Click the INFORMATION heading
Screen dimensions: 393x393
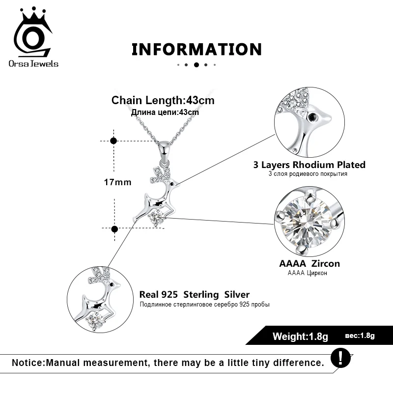(196, 49)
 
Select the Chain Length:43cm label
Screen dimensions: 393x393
(163, 101)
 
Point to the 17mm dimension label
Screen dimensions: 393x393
(118, 182)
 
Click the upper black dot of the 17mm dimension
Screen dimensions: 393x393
(114, 140)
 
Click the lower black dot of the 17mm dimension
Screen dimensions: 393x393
(114, 229)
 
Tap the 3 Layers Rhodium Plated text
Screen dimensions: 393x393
(309, 165)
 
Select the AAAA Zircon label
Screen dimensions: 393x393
(309, 263)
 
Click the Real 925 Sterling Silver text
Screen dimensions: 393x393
(195, 295)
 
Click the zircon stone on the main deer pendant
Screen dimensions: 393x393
(157, 218)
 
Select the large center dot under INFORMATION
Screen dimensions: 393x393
(196, 64)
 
